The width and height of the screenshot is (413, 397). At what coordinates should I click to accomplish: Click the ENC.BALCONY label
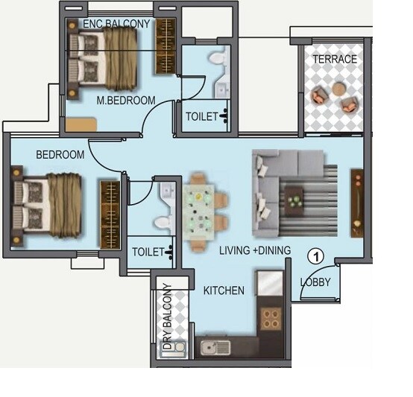(116, 24)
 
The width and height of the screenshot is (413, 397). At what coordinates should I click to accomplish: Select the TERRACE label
(334, 59)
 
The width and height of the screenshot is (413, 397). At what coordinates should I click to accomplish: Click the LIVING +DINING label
(254, 251)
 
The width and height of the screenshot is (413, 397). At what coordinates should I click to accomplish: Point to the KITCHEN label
(224, 290)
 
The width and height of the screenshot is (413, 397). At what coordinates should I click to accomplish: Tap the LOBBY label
(315, 282)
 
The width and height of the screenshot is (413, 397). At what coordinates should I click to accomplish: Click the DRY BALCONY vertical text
(168, 317)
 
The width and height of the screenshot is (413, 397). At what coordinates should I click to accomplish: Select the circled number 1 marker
(316, 256)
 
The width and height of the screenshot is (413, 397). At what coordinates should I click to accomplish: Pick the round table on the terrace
(339, 89)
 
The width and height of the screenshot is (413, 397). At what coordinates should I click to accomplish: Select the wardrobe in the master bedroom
(165, 46)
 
